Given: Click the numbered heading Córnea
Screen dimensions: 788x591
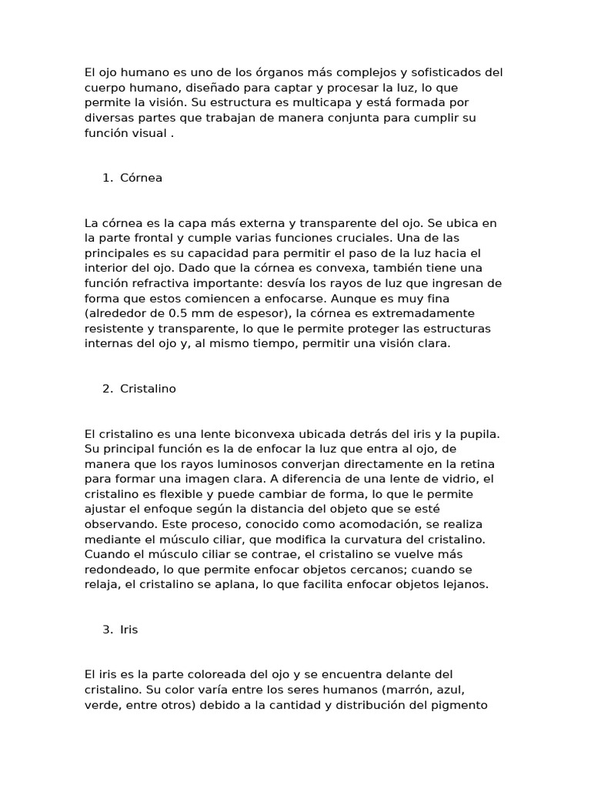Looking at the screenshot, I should coord(141,179).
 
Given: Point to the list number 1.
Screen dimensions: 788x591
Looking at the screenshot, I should coord(106,179).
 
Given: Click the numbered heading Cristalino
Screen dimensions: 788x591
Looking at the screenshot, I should coord(148,389).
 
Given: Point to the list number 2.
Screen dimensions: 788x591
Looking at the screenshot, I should coord(106,389).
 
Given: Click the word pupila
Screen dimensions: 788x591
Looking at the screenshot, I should coord(478,434).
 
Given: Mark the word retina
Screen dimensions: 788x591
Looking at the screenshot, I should coord(476,464).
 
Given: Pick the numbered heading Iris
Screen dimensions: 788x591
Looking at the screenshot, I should coord(129,630).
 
